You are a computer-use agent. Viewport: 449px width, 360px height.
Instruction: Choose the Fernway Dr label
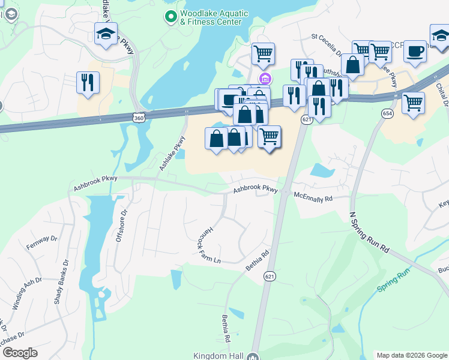pos(41,242)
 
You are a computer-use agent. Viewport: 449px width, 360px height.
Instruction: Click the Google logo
pos(20,353)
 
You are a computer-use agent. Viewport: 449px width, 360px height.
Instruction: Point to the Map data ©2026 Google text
pos(411,355)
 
